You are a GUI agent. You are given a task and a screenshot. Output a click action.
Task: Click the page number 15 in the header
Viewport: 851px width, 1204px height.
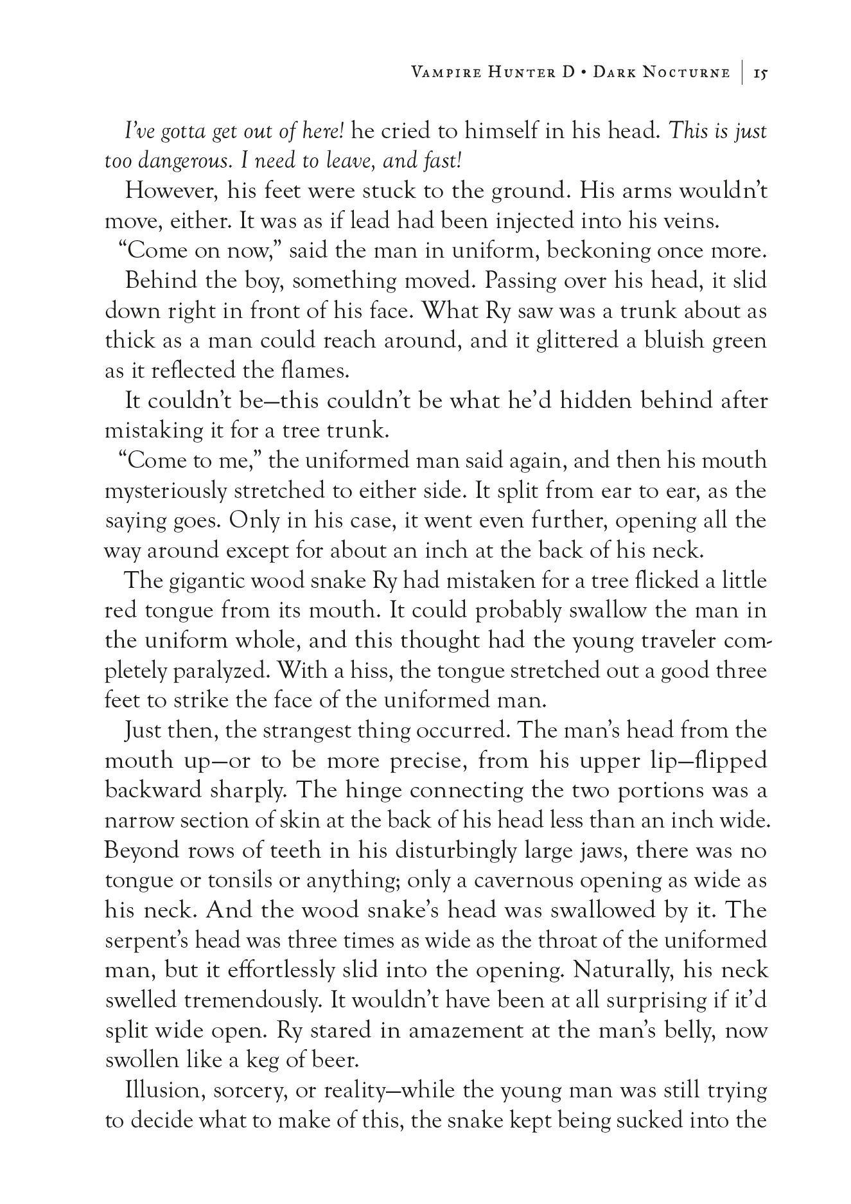[760, 73]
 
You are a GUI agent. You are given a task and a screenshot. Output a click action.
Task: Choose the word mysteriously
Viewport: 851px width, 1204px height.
[165, 491]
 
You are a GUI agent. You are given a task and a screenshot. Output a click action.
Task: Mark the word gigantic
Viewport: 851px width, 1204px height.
[207, 581]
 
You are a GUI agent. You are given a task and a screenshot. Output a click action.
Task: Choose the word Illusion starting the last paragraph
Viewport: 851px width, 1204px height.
[164, 1090]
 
